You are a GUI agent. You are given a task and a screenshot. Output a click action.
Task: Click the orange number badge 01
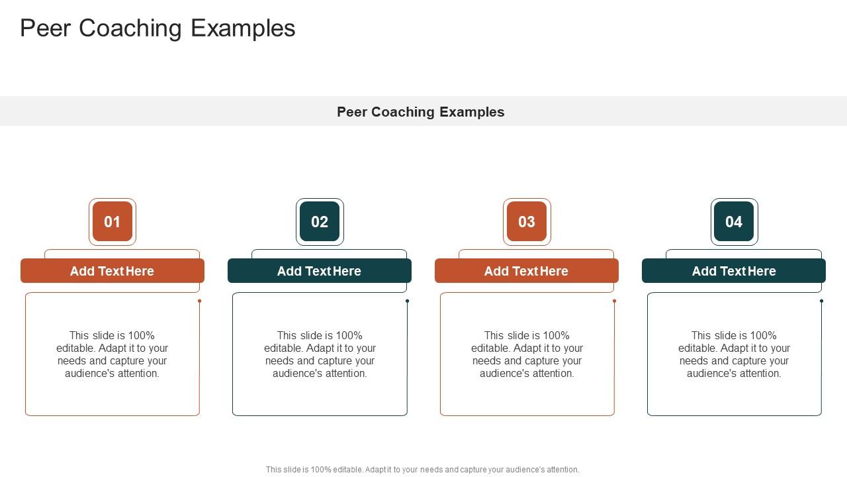pos(112,222)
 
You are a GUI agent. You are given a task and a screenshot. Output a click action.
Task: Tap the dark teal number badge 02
pos(320,222)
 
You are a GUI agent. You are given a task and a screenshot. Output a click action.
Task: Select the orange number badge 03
pos(527,222)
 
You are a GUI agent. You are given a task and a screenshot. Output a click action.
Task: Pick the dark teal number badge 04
pos(734,222)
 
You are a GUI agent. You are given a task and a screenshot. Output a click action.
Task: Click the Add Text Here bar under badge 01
pos(112,271)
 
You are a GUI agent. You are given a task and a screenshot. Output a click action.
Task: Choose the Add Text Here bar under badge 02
pos(320,271)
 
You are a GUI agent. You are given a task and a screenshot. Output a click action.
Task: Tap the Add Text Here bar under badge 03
pos(527,271)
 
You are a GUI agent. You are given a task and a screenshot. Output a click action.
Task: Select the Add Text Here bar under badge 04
pos(734,271)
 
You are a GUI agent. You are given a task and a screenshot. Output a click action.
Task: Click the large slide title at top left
pos(157,28)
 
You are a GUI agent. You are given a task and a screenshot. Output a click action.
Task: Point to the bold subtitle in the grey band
pos(421,112)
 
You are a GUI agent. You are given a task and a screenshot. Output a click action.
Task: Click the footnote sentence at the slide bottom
pos(423,470)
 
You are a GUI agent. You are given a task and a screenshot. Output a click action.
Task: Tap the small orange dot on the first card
pos(199,301)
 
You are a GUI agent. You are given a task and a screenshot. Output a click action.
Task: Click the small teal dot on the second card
pos(407,301)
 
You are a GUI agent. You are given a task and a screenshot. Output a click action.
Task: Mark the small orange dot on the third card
pos(614,301)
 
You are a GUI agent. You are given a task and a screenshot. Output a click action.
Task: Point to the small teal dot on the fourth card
pos(821,301)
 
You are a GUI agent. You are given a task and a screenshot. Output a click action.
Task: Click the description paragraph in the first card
pos(112,354)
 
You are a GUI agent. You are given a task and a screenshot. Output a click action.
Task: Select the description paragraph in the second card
pos(320,354)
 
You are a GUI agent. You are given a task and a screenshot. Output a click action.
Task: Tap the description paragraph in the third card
pos(527,354)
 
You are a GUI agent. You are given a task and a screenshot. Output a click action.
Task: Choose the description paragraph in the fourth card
pos(734,354)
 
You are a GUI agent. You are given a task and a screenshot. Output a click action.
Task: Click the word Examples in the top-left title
pos(243,28)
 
